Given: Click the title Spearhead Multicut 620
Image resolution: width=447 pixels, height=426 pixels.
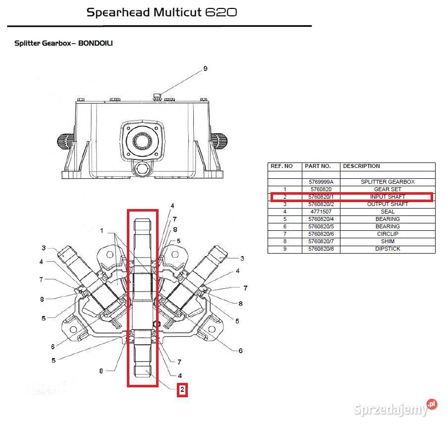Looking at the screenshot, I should [x=162, y=12].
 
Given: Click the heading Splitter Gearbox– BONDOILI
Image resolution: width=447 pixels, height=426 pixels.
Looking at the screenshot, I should [x=63, y=43].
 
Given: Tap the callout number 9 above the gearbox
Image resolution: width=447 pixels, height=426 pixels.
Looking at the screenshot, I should [x=205, y=69].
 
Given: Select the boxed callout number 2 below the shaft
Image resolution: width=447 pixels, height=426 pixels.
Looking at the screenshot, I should [x=182, y=390].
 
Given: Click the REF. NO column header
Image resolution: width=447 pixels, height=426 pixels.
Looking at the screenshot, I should [x=281, y=166].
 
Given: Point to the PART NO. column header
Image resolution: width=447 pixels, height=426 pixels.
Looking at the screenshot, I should [x=318, y=166].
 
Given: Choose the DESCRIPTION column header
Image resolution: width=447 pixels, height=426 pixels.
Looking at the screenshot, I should [x=361, y=166].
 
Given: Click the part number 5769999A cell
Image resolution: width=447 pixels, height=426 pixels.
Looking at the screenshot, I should [x=321, y=182].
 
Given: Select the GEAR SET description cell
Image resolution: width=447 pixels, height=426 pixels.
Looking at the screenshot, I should [x=388, y=189].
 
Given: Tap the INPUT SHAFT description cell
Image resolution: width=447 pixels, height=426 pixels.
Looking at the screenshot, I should [x=388, y=197].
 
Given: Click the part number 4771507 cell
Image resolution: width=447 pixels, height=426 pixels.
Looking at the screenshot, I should [x=321, y=212].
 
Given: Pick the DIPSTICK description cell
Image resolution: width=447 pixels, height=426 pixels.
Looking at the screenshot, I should [x=388, y=249].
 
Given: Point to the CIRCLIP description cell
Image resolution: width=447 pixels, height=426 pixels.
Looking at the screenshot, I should [x=388, y=234].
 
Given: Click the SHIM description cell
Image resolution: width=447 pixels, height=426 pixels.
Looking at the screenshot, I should [x=388, y=241].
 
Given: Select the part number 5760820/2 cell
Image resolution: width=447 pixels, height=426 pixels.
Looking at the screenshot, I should [x=321, y=204].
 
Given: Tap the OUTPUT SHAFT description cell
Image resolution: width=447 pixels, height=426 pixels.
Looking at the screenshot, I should [x=388, y=204].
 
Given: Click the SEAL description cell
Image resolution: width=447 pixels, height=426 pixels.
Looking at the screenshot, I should [x=388, y=212].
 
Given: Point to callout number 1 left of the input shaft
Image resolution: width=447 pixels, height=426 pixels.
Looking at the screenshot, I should [x=102, y=231].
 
